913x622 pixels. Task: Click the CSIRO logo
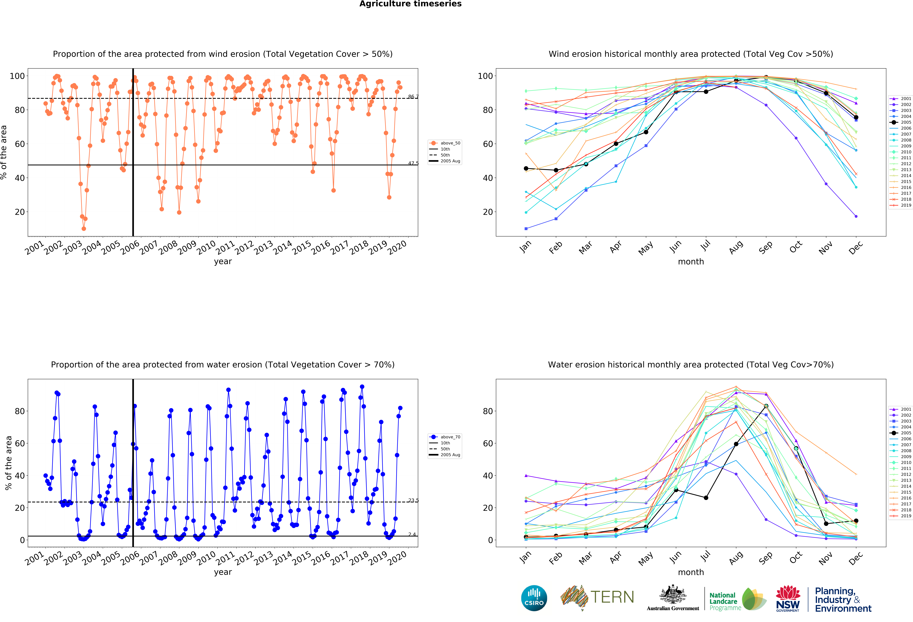point(534,598)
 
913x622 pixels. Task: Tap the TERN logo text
point(612,597)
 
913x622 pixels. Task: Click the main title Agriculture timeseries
point(410,4)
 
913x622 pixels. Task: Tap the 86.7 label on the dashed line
point(413,97)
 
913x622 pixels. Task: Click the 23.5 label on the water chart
point(413,500)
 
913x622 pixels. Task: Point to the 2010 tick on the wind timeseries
point(206,247)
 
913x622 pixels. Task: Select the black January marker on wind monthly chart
point(526,168)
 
